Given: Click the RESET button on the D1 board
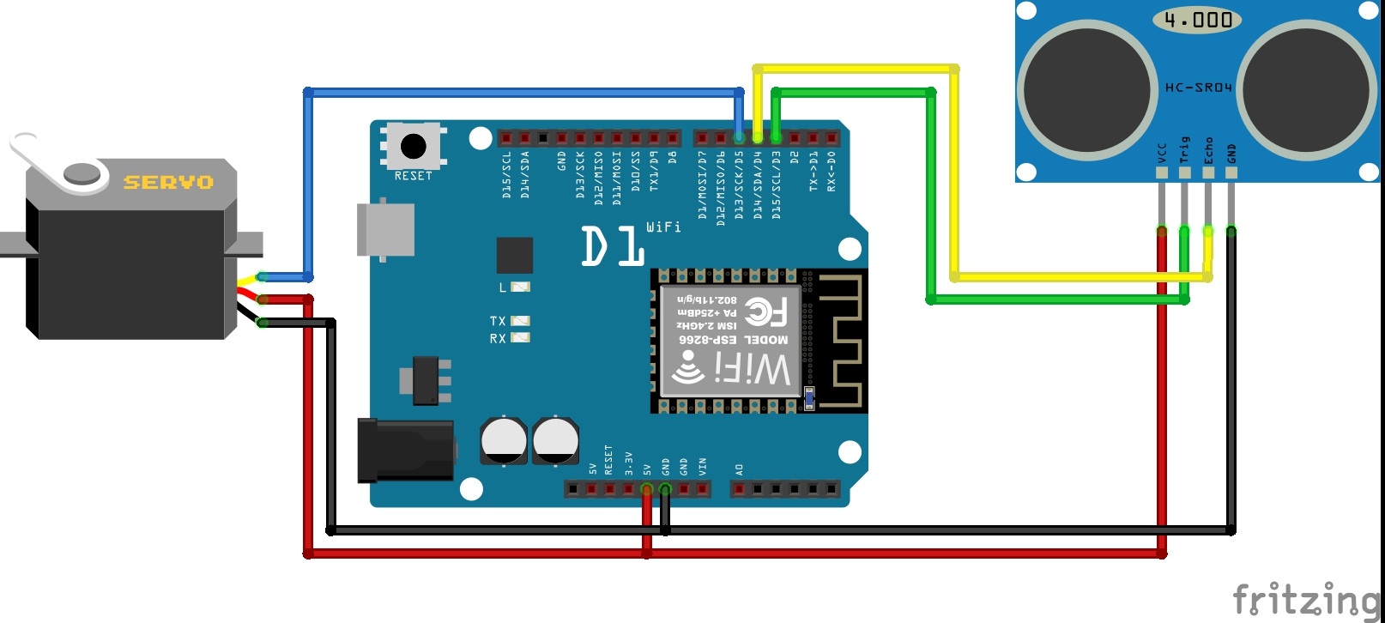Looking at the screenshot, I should (413, 146).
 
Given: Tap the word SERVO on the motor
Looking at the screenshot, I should (168, 182).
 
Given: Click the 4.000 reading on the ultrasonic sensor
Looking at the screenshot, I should (1198, 20).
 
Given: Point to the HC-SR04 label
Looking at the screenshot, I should (1198, 88).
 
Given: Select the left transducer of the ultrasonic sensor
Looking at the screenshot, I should (1087, 88).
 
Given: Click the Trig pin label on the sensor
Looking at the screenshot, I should (1185, 149).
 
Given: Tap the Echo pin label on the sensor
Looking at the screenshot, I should (1208, 150).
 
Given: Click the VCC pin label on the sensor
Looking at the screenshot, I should (1162, 153).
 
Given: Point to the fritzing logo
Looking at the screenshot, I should (1306, 598).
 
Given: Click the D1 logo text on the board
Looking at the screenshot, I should (613, 246).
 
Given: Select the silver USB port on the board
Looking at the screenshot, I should (386, 229).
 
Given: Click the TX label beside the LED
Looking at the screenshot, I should (498, 321).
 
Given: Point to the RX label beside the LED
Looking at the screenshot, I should (498, 339).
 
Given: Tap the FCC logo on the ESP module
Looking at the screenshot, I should (765, 311).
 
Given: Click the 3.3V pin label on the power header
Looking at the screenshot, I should (628, 463).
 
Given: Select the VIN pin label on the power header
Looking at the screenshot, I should (702, 466).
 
